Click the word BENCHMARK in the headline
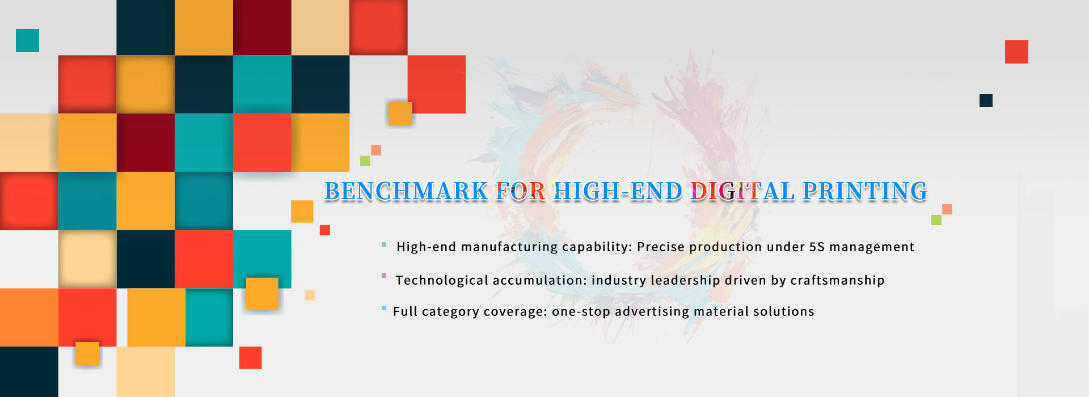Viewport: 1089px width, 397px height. click(x=406, y=191)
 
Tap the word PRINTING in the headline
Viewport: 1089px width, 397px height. click(x=865, y=191)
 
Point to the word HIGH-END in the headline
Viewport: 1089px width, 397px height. click(x=618, y=191)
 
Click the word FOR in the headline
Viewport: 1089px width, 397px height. click(x=521, y=191)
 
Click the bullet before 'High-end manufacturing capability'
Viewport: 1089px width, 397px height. click(x=384, y=245)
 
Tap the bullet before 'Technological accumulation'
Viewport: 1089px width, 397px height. click(x=384, y=276)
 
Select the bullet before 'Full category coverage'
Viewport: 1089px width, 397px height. click(x=384, y=308)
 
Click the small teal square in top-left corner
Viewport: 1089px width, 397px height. click(x=27, y=40)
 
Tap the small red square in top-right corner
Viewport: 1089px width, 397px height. click(x=1016, y=52)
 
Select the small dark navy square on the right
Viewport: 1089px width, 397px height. click(x=986, y=100)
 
